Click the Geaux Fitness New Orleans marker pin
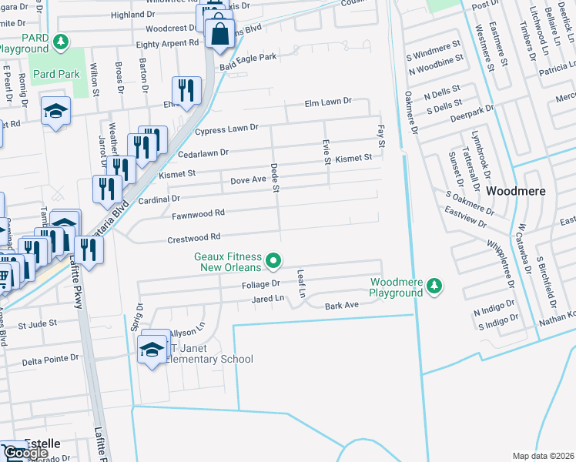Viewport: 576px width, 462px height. coord(273,263)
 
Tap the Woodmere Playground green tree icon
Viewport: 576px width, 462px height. coord(435,286)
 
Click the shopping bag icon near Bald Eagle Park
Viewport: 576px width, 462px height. coord(219,33)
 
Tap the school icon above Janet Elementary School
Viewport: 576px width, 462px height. coord(152,350)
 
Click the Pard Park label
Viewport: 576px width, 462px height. coord(58,74)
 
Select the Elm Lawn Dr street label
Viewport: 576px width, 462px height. coord(327,101)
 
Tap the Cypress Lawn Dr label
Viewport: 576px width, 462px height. coord(226,130)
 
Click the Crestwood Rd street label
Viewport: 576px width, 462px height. coord(194,238)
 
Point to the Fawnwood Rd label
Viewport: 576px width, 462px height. coord(198,213)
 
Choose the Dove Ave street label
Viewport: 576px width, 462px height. coord(248,181)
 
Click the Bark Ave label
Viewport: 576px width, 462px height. coord(342,306)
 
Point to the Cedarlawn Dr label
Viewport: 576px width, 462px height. coord(203,152)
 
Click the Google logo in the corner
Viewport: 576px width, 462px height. coord(25,453)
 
